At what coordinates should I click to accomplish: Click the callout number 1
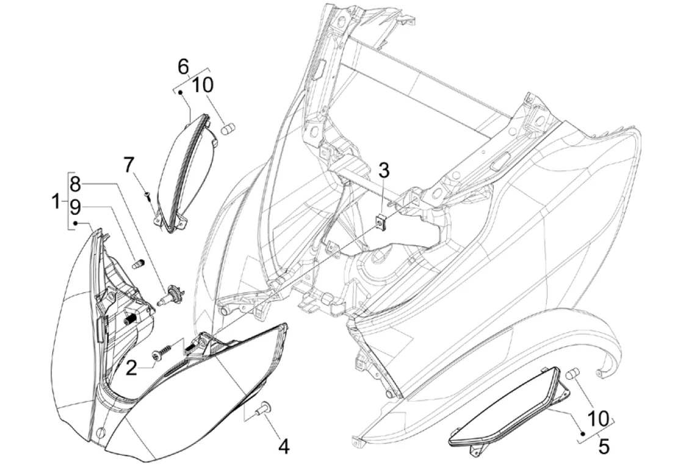56,202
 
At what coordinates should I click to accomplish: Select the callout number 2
131,368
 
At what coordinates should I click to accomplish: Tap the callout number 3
383,171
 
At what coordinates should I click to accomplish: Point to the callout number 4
284,446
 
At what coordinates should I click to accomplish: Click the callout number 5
604,446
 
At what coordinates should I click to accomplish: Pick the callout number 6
183,67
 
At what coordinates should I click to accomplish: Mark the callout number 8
75,184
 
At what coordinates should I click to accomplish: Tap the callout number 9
75,208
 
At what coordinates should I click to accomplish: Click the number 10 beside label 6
202,85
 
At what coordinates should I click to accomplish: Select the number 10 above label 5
599,419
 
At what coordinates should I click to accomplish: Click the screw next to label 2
162,352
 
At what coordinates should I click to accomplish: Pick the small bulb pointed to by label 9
139,265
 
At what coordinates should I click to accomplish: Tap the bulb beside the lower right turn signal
572,374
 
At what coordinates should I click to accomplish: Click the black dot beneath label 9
75,224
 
